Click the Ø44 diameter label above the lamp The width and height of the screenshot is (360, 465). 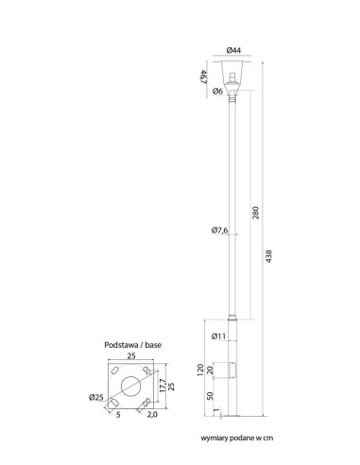pyautogui.click(x=233, y=50)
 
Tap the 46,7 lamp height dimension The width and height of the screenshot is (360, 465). pyautogui.click(x=203, y=77)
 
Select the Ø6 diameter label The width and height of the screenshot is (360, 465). pyautogui.click(x=217, y=91)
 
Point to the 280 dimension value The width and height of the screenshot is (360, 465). pyautogui.click(x=255, y=213)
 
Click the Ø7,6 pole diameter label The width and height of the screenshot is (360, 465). pyautogui.click(x=219, y=231)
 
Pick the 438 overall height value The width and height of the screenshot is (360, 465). pyautogui.click(x=268, y=256)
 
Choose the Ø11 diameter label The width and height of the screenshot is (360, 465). pyautogui.click(x=218, y=336)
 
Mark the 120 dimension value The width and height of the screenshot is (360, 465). pyautogui.click(x=200, y=370)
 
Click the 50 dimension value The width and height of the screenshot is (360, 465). pyautogui.click(x=211, y=396)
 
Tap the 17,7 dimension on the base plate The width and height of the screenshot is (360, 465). pyautogui.click(x=163, y=385)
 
